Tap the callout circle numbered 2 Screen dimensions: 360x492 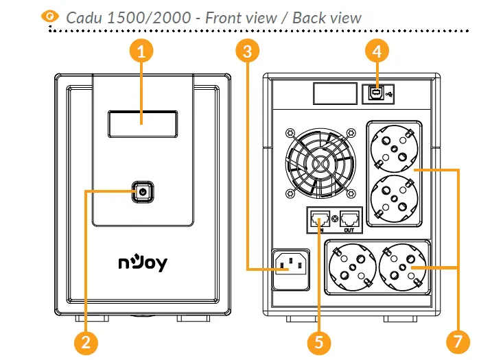coord(84,341)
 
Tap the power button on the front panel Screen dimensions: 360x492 coord(142,192)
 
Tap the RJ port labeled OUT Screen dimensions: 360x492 coord(350,219)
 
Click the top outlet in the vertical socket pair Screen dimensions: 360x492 coord(395,149)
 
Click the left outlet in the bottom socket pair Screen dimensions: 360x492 coord(351,269)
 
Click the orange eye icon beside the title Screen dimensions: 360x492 coord(50,16)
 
